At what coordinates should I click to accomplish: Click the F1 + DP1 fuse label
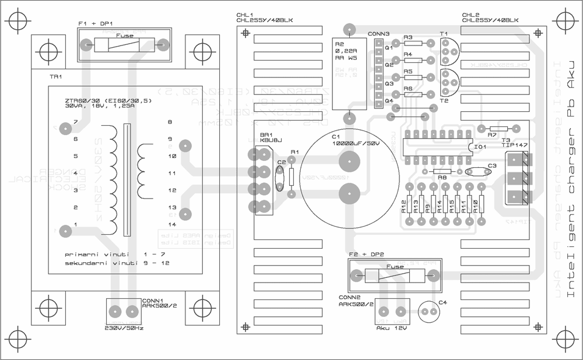pos(95,23)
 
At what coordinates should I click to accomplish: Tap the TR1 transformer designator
pos(56,76)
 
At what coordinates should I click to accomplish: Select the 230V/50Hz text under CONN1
pos(124,327)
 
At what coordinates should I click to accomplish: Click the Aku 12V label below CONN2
pos(391,327)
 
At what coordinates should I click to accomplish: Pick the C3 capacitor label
pos(492,165)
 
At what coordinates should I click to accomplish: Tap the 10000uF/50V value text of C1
pos(356,143)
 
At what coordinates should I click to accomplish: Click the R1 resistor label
pos(294,152)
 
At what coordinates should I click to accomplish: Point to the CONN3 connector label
pos(378,34)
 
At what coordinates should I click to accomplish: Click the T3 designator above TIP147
pos(505,140)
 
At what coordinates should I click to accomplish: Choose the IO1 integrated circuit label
pos(480,147)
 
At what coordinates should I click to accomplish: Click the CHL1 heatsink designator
pos(245,15)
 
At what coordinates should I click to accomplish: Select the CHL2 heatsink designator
pos(470,15)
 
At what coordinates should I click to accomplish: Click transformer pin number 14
pos(171,224)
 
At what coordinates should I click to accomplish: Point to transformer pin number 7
pos(75,122)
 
